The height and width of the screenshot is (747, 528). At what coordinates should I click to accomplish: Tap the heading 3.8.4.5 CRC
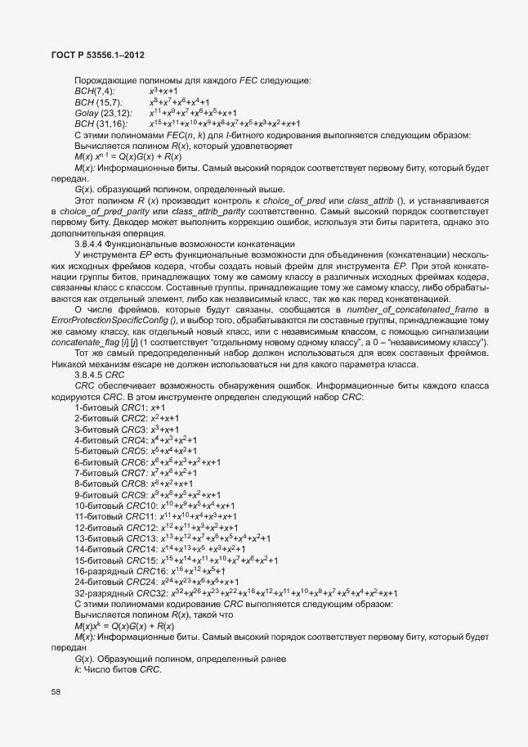[97, 375]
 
